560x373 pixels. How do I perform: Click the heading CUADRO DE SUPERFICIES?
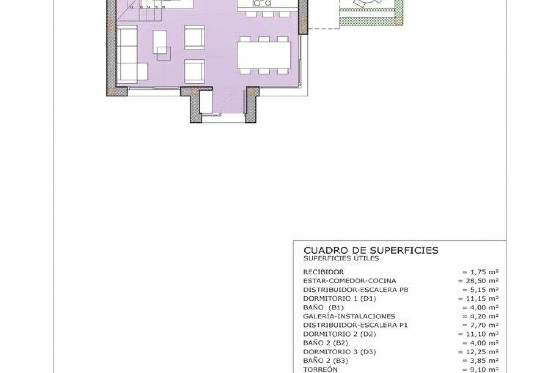click(x=371, y=251)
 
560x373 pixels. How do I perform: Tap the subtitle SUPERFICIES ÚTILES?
click(x=341, y=258)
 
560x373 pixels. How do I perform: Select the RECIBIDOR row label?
click(x=323, y=272)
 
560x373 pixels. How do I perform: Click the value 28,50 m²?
click(x=478, y=281)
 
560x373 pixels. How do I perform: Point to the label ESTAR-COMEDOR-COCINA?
click(x=349, y=281)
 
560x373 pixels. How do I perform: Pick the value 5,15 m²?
click(x=480, y=290)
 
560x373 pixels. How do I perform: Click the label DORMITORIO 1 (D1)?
click(x=339, y=299)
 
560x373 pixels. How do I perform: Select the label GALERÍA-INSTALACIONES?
click(x=349, y=316)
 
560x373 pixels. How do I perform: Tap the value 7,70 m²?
click(x=480, y=325)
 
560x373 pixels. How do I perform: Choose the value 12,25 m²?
click(x=478, y=352)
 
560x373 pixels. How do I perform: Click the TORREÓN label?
click(x=320, y=370)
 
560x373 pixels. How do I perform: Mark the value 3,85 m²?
click(x=480, y=361)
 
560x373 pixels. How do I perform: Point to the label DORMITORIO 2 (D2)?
click(x=339, y=334)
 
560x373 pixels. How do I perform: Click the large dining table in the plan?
click(x=264, y=55)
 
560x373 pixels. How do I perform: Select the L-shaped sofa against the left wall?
click(x=127, y=55)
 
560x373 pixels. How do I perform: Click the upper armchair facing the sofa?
click(x=194, y=38)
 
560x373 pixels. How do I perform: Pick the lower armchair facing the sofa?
click(x=194, y=71)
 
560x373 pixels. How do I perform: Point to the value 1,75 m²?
click(x=480, y=272)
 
